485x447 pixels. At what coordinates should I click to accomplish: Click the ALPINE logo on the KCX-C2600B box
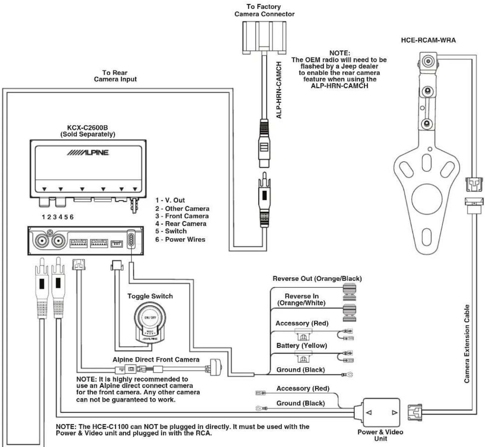pyautogui.click(x=88, y=152)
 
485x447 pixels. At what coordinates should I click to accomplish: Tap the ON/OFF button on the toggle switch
pyautogui.click(x=150, y=318)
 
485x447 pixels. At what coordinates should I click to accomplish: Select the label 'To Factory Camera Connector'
pyautogui.click(x=264, y=10)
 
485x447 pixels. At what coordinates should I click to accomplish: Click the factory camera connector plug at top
pyautogui.click(x=264, y=38)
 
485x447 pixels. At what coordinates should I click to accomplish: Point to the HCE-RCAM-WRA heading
pyautogui.click(x=428, y=40)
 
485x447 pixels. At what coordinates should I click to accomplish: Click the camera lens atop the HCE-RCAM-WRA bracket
pyautogui.click(x=428, y=61)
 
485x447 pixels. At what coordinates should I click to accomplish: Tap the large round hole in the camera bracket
pyautogui.click(x=427, y=199)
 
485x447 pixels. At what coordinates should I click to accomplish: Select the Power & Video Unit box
pyautogui.click(x=381, y=412)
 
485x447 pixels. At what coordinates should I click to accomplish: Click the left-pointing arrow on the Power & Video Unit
pyautogui.click(x=369, y=413)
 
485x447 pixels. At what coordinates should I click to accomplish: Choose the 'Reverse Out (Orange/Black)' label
pyautogui.click(x=317, y=278)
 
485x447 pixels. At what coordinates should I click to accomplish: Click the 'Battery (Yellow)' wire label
pyautogui.click(x=302, y=346)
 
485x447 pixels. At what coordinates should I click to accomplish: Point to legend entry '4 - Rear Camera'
pyautogui.click(x=181, y=223)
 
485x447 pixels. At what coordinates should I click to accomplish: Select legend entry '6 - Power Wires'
pyautogui.click(x=180, y=239)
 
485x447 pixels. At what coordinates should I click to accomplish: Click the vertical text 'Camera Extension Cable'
pyautogui.click(x=467, y=343)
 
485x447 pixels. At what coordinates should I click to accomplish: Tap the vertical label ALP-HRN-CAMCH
pyautogui.click(x=279, y=90)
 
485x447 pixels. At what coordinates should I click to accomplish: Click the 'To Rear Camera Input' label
pyautogui.click(x=115, y=76)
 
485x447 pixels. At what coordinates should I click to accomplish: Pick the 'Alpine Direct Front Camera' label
pyautogui.click(x=156, y=359)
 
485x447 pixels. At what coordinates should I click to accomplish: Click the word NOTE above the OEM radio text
pyautogui.click(x=340, y=53)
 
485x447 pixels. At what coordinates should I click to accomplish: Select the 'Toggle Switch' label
pyautogui.click(x=150, y=296)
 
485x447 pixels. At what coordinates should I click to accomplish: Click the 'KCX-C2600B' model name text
pyautogui.click(x=87, y=128)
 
